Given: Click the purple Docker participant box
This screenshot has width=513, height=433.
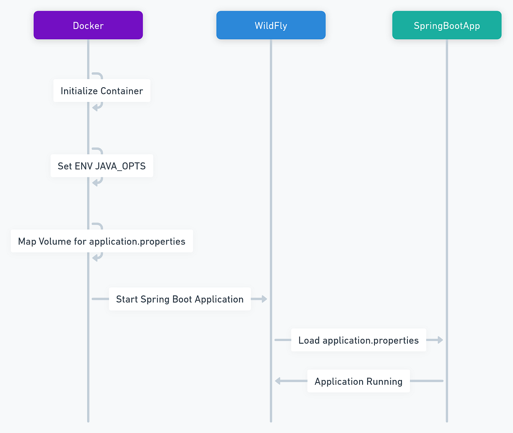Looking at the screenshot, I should (x=88, y=25).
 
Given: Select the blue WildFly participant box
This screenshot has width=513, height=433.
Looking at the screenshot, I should (x=271, y=25).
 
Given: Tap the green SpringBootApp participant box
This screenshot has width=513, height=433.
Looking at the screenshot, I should (x=447, y=25).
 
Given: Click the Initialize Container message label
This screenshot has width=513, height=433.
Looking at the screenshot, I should (x=102, y=91).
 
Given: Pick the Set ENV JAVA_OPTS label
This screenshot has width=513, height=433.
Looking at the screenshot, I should (x=102, y=166).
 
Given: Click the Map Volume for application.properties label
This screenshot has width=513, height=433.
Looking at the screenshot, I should (x=102, y=241).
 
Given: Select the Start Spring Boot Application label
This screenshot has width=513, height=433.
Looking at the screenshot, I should (x=180, y=299).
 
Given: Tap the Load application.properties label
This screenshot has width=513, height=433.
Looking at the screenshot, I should (x=358, y=340).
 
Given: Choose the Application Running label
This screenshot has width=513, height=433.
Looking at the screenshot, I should (x=358, y=381).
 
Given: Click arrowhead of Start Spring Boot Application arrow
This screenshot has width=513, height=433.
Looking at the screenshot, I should (x=265, y=299).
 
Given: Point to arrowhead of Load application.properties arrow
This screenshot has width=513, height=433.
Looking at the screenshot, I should (x=441, y=340).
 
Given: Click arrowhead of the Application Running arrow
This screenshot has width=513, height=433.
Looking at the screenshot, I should (x=277, y=381).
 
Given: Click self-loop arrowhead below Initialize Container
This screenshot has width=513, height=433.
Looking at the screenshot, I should (x=95, y=108).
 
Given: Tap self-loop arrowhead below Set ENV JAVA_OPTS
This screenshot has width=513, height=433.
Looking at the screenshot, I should (x=95, y=183).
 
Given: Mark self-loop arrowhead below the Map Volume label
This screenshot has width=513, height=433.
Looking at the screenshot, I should (x=95, y=258).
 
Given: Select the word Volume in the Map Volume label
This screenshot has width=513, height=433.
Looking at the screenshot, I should (x=55, y=241).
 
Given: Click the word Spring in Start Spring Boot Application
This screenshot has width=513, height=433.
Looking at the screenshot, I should (x=155, y=299).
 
